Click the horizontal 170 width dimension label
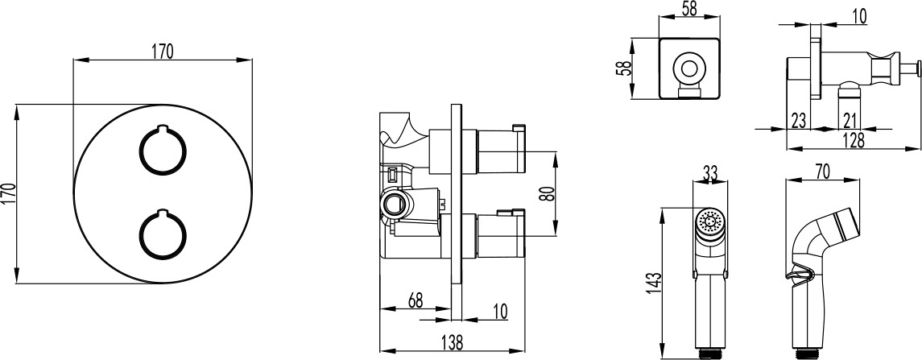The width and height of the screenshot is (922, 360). click(163, 52)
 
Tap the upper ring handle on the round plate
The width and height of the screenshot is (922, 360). click(163, 151)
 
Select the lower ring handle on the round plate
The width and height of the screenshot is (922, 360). click(163, 234)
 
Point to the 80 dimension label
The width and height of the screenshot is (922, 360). click(546, 194)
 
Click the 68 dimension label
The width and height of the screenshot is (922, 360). click(416, 300)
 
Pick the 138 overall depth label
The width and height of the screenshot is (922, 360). click(451, 341)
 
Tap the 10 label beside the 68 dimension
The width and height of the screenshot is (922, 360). click(499, 311)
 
